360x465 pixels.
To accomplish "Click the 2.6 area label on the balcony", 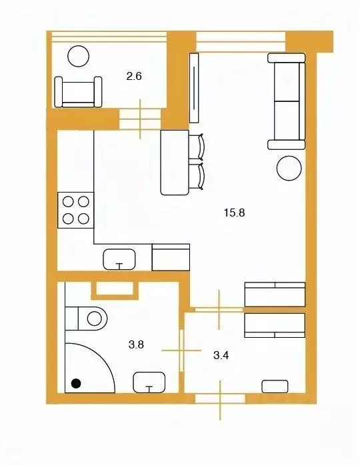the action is tap(134, 77).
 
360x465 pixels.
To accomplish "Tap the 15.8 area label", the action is tap(234, 213).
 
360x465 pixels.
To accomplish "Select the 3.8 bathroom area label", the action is tap(136, 344).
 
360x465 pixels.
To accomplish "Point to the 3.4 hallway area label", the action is tap(221, 355).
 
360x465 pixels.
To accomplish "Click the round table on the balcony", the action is tap(79, 56).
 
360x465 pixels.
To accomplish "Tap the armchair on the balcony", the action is tap(79, 92).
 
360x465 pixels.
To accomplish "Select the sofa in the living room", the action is tap(287, 101).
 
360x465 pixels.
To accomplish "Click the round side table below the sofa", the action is tap(289, 168).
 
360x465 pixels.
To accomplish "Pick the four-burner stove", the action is tap(76, 210).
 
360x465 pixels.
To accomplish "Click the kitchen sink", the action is tap(119, 259).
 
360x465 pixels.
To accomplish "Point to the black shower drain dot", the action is tap(76, 384).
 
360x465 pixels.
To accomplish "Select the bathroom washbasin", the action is tap(149, 382).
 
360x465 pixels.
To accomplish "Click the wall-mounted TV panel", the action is tap(194, 87).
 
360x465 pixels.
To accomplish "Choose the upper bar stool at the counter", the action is tap(197, 147).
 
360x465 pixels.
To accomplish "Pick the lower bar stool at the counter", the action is tap(197, 176).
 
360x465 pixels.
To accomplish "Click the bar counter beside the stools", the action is tap(175, 162).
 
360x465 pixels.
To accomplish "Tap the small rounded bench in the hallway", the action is tap(275, 386).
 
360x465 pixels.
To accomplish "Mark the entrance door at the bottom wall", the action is tap(220, 398).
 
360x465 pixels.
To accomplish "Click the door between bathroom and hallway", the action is tap(181, 350).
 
